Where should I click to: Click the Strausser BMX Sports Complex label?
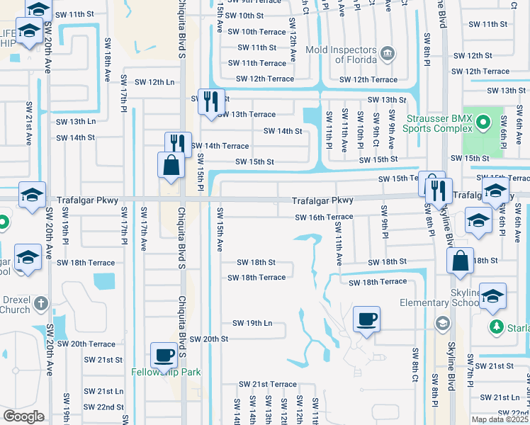437,123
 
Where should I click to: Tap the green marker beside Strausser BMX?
483,123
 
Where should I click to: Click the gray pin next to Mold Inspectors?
387,52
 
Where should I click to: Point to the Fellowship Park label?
166,372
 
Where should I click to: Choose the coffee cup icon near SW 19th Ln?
366,319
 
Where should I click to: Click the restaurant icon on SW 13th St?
211,101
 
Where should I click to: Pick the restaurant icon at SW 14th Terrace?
179,144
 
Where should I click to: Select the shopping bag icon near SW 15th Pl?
171,166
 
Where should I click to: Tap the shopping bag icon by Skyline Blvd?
461,259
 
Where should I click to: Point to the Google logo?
23,416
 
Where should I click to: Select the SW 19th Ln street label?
252,323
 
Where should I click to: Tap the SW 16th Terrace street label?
324,217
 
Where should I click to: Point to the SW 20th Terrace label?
86,344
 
